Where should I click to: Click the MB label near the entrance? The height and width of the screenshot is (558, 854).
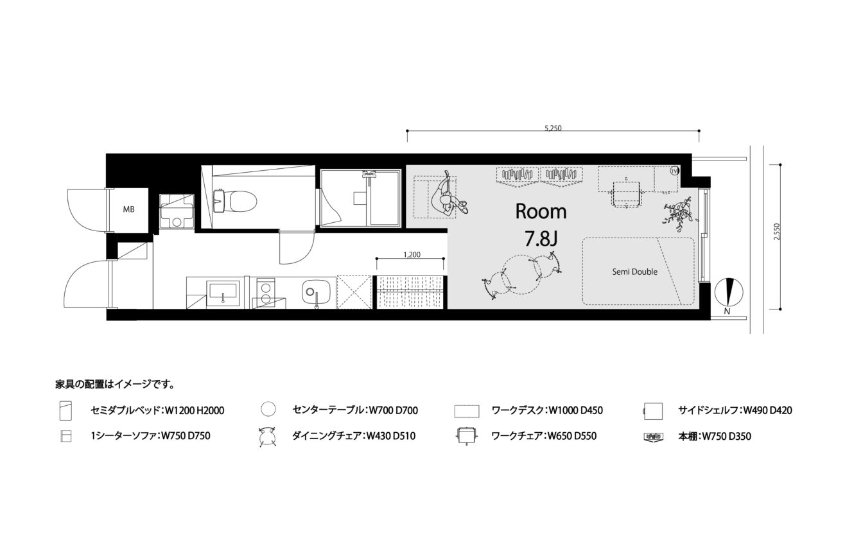128,209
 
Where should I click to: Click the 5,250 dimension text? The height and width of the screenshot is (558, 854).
553,128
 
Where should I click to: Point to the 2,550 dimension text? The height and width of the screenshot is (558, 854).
777,232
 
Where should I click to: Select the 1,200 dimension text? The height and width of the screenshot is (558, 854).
412,255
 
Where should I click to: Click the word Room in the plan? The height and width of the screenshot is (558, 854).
541,211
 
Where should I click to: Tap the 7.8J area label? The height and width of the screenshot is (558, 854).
541,239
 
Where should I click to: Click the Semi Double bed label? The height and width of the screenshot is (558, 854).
635,272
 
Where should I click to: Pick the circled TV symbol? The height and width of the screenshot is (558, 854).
674,171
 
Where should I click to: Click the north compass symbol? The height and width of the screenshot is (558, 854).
729,292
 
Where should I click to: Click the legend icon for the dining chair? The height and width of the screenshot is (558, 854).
268,437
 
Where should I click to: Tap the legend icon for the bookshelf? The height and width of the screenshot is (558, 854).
653,437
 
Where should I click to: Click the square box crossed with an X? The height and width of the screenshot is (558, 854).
354,292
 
